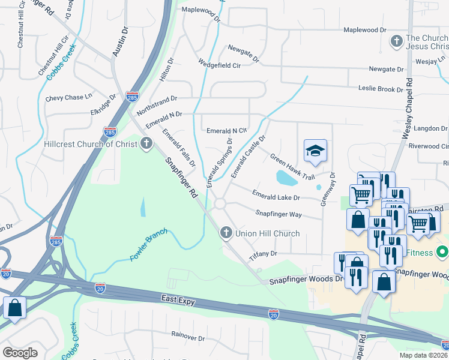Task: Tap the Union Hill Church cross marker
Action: (x=226, y=233)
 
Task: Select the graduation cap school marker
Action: (x=315, y=152)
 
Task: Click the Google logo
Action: (x=20, y=352)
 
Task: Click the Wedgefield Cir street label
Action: (x=220, y=65)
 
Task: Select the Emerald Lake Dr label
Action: (x=276, y=196)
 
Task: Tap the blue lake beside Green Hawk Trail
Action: (x=286, y=178)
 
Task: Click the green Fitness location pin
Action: (x=442, y=251)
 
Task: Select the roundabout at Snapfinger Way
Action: (x=220, y=204)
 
